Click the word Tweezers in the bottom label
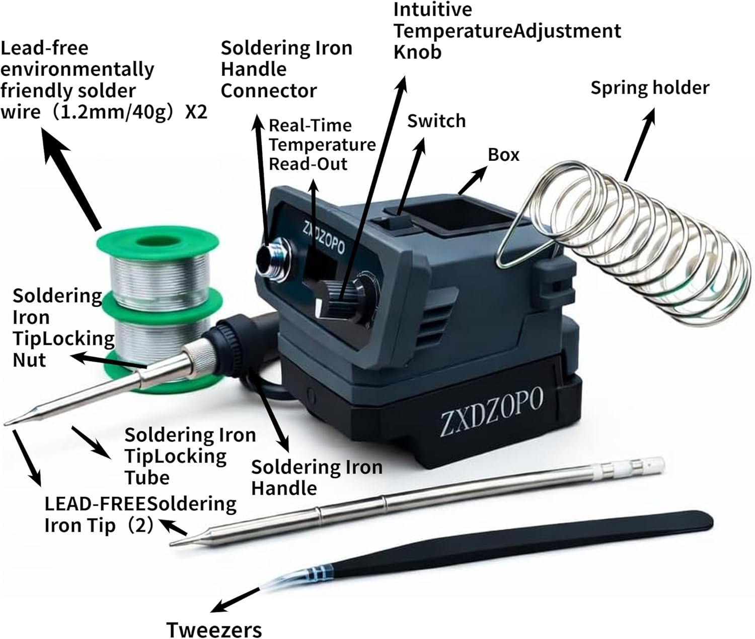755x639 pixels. [214, 629]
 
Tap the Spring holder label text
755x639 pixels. [649, 87]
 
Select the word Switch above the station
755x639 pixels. [436, 121]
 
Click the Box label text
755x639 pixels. [503, 155]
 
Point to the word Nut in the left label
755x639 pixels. [29, 360]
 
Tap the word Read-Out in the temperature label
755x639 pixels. [308, 164]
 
